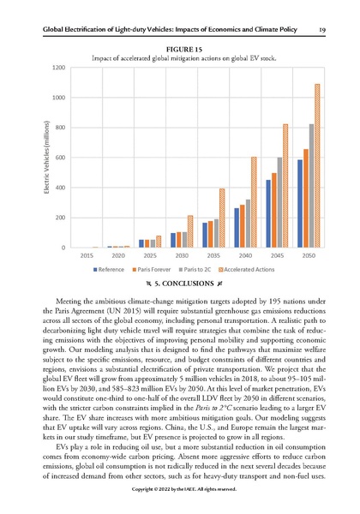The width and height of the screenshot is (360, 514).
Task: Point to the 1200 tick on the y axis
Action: pyautogui.click(x=57, y=67)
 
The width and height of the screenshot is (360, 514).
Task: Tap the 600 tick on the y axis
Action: pyautogui.click(x=59, y=158)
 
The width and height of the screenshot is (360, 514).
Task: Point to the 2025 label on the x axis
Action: pyautogui.click(x=150, y=255)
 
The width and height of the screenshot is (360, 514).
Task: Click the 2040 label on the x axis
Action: pyautogui.click(x=247, y=255)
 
